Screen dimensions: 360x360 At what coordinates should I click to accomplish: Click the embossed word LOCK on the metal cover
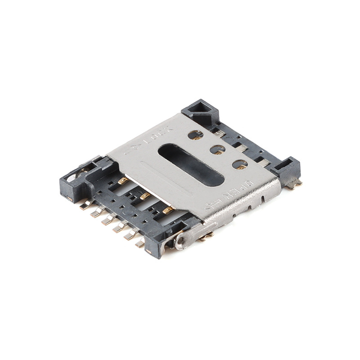[158, 134]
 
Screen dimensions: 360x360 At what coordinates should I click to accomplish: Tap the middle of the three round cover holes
[218, 149]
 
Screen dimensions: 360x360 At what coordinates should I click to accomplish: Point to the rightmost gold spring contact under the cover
[168, 210]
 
